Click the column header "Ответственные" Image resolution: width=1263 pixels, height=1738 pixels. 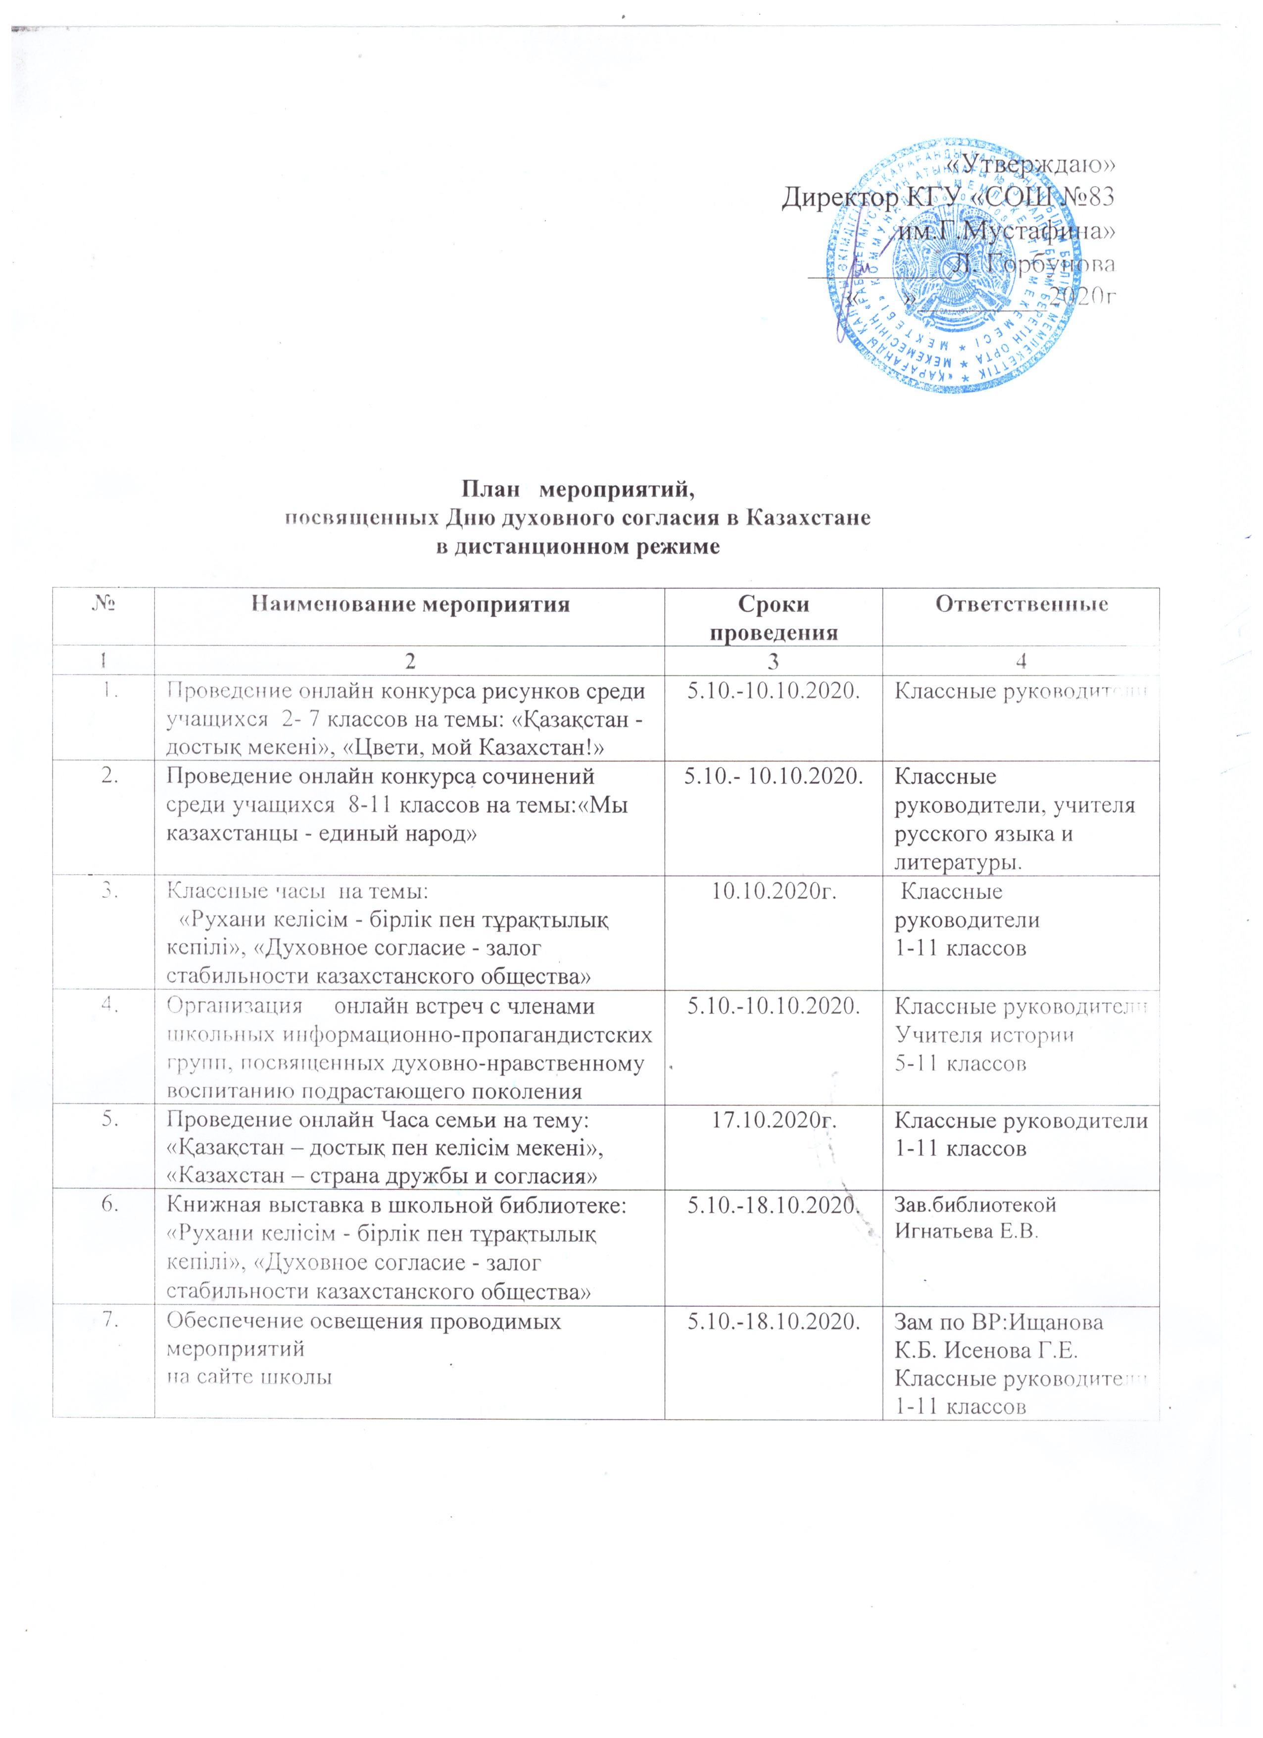click(x=1022, y=604)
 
